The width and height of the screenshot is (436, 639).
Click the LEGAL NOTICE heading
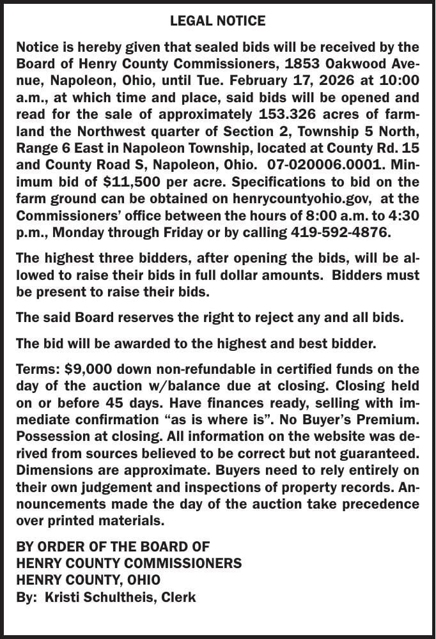pyautogui.click(x=217, y=21)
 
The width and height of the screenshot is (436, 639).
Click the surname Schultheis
pyautogui.click(x=129, y=598)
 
